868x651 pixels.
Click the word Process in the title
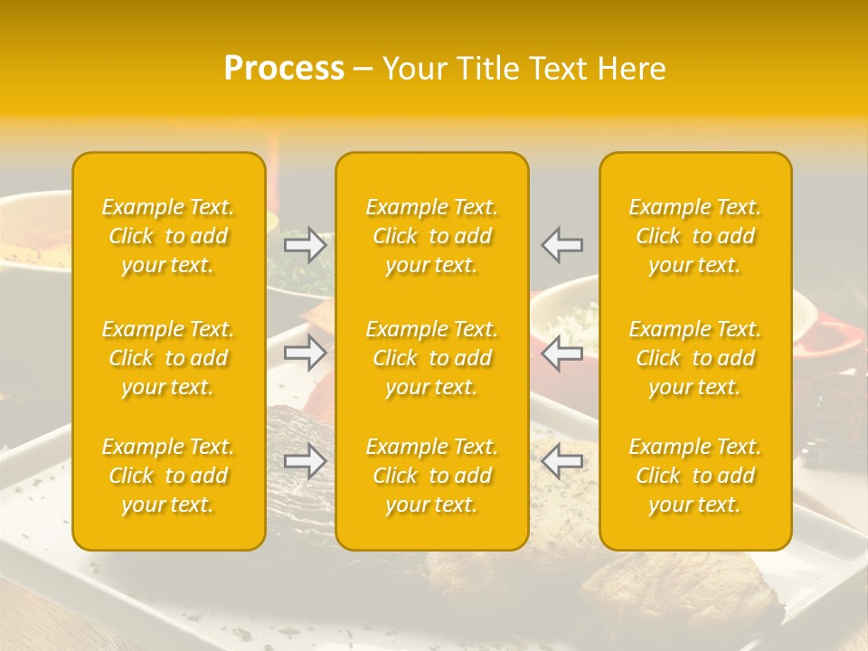coord(284,69)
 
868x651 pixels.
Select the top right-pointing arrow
coord(306,245)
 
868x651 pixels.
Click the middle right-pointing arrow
coord(306,353)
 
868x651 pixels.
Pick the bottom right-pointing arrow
coord(306,461)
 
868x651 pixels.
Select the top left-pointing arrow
coord(562,245)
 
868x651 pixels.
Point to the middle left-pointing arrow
coord(562,353)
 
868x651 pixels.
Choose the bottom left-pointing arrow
coord(562,461)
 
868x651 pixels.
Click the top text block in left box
coord(168,236)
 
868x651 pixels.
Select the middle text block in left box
coord(168,358)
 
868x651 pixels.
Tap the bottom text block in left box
coord(168,476)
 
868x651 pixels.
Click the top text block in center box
coord(432,236)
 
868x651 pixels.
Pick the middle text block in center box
coord(432,358)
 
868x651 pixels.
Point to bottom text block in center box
coord(432,476)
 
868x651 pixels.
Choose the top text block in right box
coord(695,236)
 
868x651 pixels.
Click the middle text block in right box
coord(695,358)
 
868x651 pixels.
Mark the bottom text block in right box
coord(695,476)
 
